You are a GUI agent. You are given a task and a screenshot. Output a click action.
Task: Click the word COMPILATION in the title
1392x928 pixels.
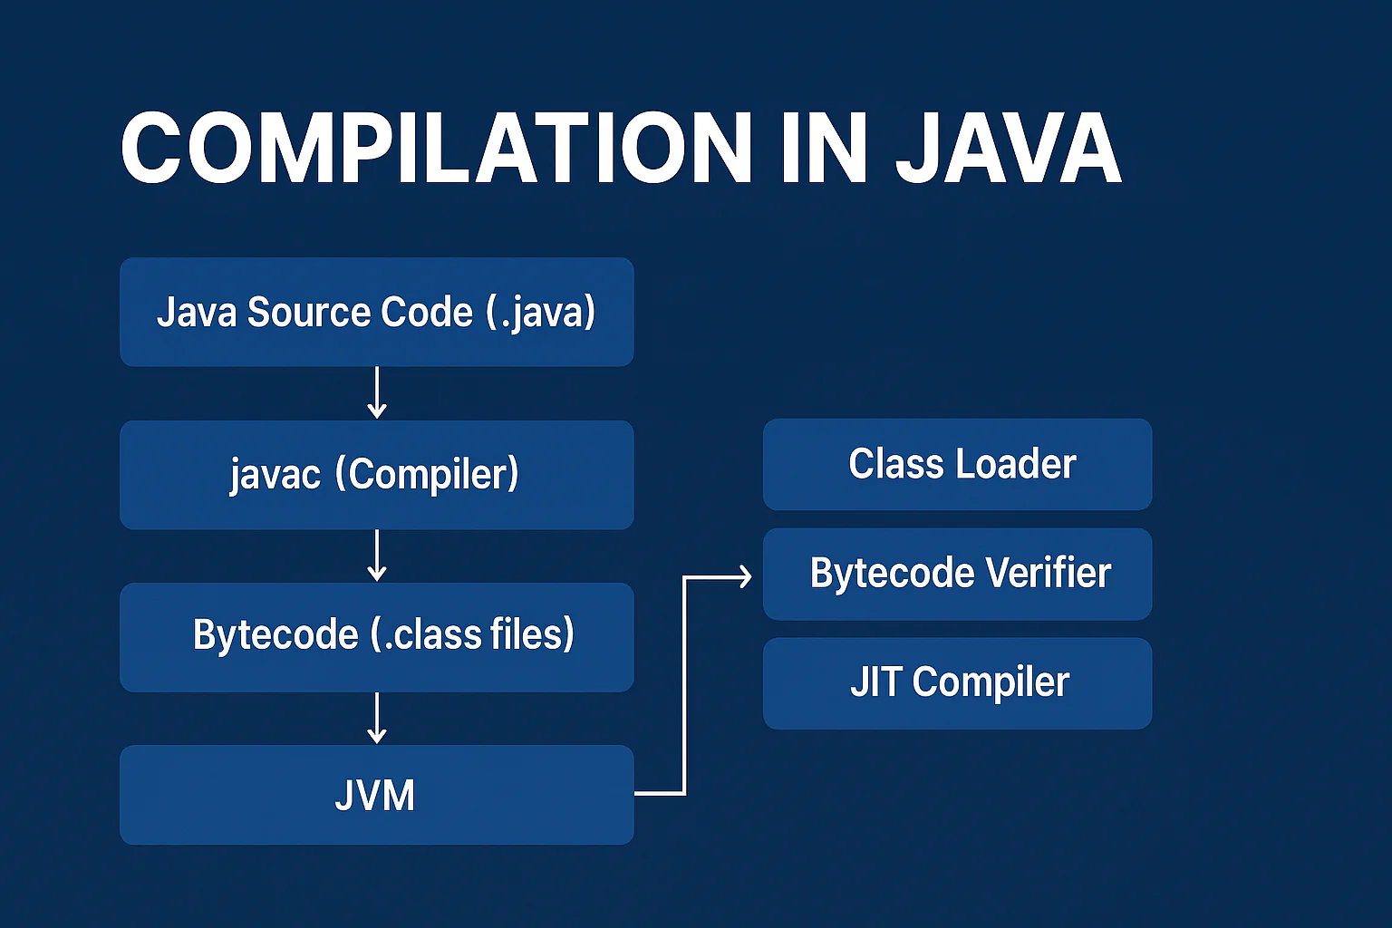(x=435, y=150)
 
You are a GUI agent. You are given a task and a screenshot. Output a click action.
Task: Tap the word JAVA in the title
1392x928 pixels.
(x=1008, y=150)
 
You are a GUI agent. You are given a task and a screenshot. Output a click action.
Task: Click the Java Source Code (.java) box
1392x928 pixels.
(x=376, y=312)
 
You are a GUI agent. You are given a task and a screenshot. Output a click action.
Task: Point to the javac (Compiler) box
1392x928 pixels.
(x=376, y=475)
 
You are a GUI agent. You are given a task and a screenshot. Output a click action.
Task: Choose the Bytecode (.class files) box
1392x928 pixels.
(x=376, y=637)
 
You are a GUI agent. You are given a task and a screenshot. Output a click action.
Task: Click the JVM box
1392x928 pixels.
(x=376, y=795)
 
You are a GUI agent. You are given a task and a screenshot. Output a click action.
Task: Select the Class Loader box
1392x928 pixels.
(x=957, y=464)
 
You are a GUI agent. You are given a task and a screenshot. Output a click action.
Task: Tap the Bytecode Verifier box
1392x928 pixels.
(x=957, y=574)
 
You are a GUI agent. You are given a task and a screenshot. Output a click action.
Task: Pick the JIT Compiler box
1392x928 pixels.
(x=957, y=682)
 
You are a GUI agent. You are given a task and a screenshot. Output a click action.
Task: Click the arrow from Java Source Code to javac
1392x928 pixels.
(x=377, y=392)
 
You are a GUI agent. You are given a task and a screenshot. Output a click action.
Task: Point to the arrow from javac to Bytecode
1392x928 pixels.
(x=377, y=556)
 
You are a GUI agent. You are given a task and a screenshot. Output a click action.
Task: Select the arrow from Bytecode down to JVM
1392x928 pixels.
(x=377, y=718)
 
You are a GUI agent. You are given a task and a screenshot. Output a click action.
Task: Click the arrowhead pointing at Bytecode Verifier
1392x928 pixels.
(x=745, y=576)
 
